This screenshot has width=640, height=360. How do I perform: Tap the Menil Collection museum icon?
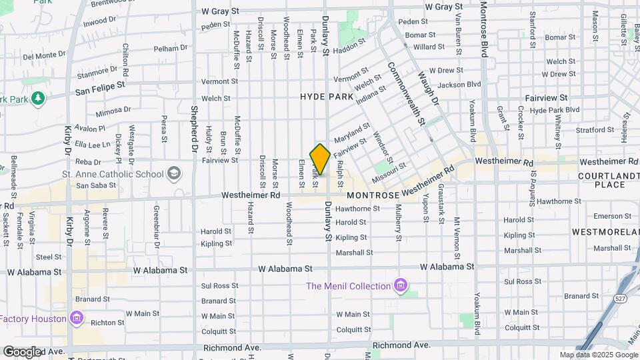pyautogui.click(x=401, y=286)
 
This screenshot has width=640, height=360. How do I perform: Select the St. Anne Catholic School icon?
pyautogui.click(x=174, y=175)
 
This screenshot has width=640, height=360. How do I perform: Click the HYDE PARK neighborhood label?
pyautogui.click(x=327, y=97)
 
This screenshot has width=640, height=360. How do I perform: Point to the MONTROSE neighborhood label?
pyautogui.click(x=373, y=195)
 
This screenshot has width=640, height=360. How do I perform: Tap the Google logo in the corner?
pyautogui.click(x=22, y=351)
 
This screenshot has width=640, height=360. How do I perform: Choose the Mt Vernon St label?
pyautogui.click(x=457, y=237)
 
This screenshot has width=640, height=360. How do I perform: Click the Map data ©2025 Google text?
pyautogui.click(x=597, y=355)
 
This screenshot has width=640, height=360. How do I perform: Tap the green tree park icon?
pyautogui.click(x=39, y=99)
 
